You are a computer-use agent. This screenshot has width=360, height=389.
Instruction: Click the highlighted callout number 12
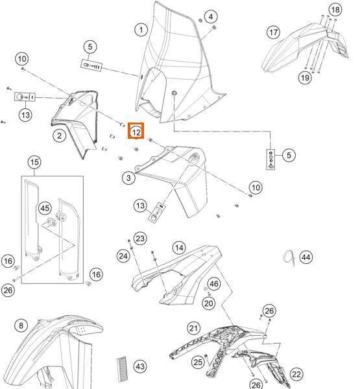click(x=136, y=132)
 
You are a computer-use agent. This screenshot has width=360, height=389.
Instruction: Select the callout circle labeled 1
click(x=141, y=30)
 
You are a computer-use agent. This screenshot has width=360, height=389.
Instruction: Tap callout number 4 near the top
click(x=211, y=17)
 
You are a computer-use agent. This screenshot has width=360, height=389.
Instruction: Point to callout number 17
click(x=273, y=32)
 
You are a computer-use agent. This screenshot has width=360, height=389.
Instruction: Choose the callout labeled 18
click(x=335, y=10)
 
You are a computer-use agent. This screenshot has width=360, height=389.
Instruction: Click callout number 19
click(x=305, y=78)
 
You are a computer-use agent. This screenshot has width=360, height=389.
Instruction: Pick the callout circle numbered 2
click(x=59, y=136)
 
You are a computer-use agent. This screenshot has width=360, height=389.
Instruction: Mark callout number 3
click(x=128, y=178)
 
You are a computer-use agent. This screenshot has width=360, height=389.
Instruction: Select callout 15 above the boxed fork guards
click(x=34, y=162)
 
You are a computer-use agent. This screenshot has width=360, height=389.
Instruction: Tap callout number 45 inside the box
click(x=45, y=208)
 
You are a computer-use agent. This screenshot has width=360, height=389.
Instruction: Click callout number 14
click(x=179, y=248)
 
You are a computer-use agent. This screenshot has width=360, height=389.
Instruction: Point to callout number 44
click(x=306, y=257)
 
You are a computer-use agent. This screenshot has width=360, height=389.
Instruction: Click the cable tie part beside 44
click(x=289, y=258)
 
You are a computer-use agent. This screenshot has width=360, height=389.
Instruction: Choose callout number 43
click(x=140, y=366)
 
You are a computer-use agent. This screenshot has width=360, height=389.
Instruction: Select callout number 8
click(x=21, y=325)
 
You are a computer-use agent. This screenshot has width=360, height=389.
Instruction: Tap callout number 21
click(x=193, y=329)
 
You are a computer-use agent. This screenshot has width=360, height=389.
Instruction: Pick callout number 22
click(x=296, y=374)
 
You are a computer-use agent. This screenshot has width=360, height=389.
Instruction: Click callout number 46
click(x=214, y=284)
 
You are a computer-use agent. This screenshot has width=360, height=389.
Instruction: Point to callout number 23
click(x=140, y=239)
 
